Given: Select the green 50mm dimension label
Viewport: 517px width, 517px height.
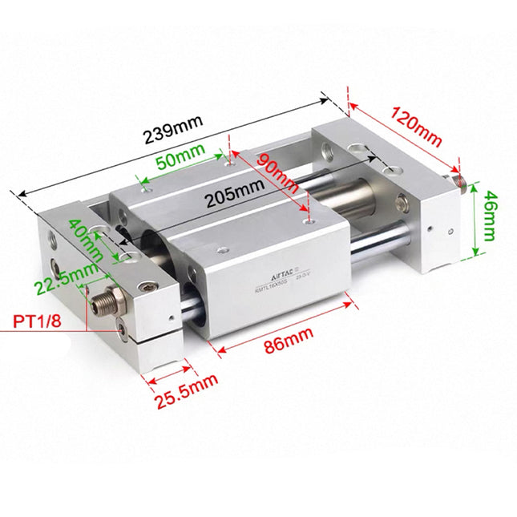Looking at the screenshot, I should pos(177,159).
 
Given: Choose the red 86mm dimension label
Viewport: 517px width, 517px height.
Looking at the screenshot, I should pos(287,341).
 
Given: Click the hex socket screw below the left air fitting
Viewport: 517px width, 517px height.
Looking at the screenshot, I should pos(122,327).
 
